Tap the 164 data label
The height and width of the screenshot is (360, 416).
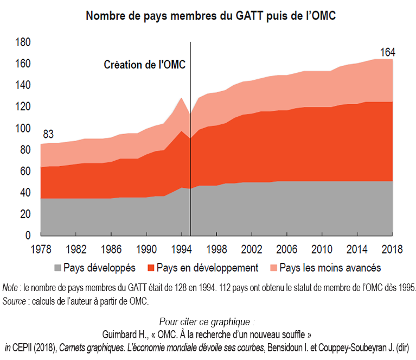387,53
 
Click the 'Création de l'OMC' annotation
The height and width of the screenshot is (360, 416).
144,65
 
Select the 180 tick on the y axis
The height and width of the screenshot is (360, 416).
23,42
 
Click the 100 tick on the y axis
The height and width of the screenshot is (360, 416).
23,129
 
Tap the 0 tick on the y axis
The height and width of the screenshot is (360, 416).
28,236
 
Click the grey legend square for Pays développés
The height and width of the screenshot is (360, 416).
57,268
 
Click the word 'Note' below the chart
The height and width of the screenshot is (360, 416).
10,287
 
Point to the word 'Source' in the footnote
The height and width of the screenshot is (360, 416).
14,300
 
